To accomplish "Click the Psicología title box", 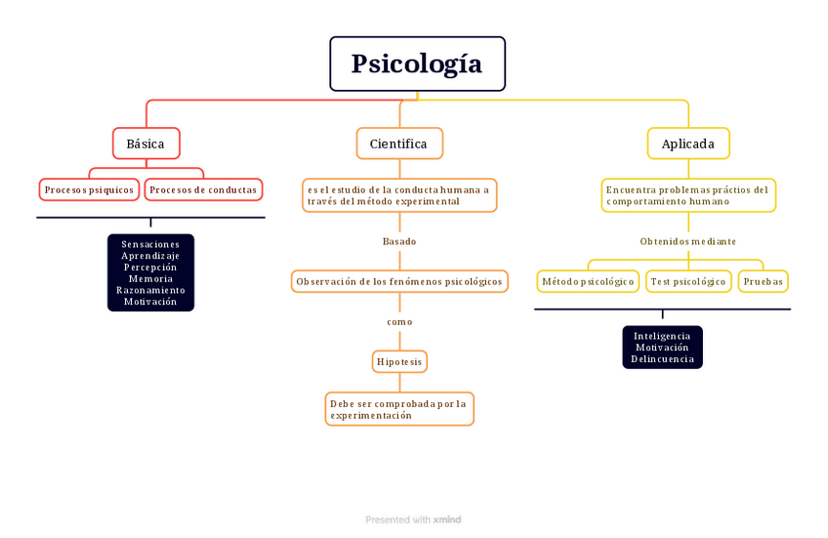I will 417,64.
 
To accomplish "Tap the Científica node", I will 398,144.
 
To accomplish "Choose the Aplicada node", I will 687,144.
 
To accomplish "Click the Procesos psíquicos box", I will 90,189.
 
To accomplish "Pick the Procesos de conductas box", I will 203,189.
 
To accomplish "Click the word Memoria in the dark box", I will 150,279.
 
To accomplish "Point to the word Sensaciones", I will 150,244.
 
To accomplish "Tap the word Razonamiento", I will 150,291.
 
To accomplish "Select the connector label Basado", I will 398,241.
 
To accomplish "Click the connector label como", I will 399,322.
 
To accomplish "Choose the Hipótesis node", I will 399,362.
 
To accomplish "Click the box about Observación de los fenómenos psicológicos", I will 399,282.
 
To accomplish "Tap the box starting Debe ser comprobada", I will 399,409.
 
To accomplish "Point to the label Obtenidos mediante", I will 687,241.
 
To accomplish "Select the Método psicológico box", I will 588,282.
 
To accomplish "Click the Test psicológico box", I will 688,282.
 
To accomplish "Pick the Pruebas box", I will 763,282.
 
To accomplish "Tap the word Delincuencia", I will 662,359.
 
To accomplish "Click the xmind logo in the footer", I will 447,520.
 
